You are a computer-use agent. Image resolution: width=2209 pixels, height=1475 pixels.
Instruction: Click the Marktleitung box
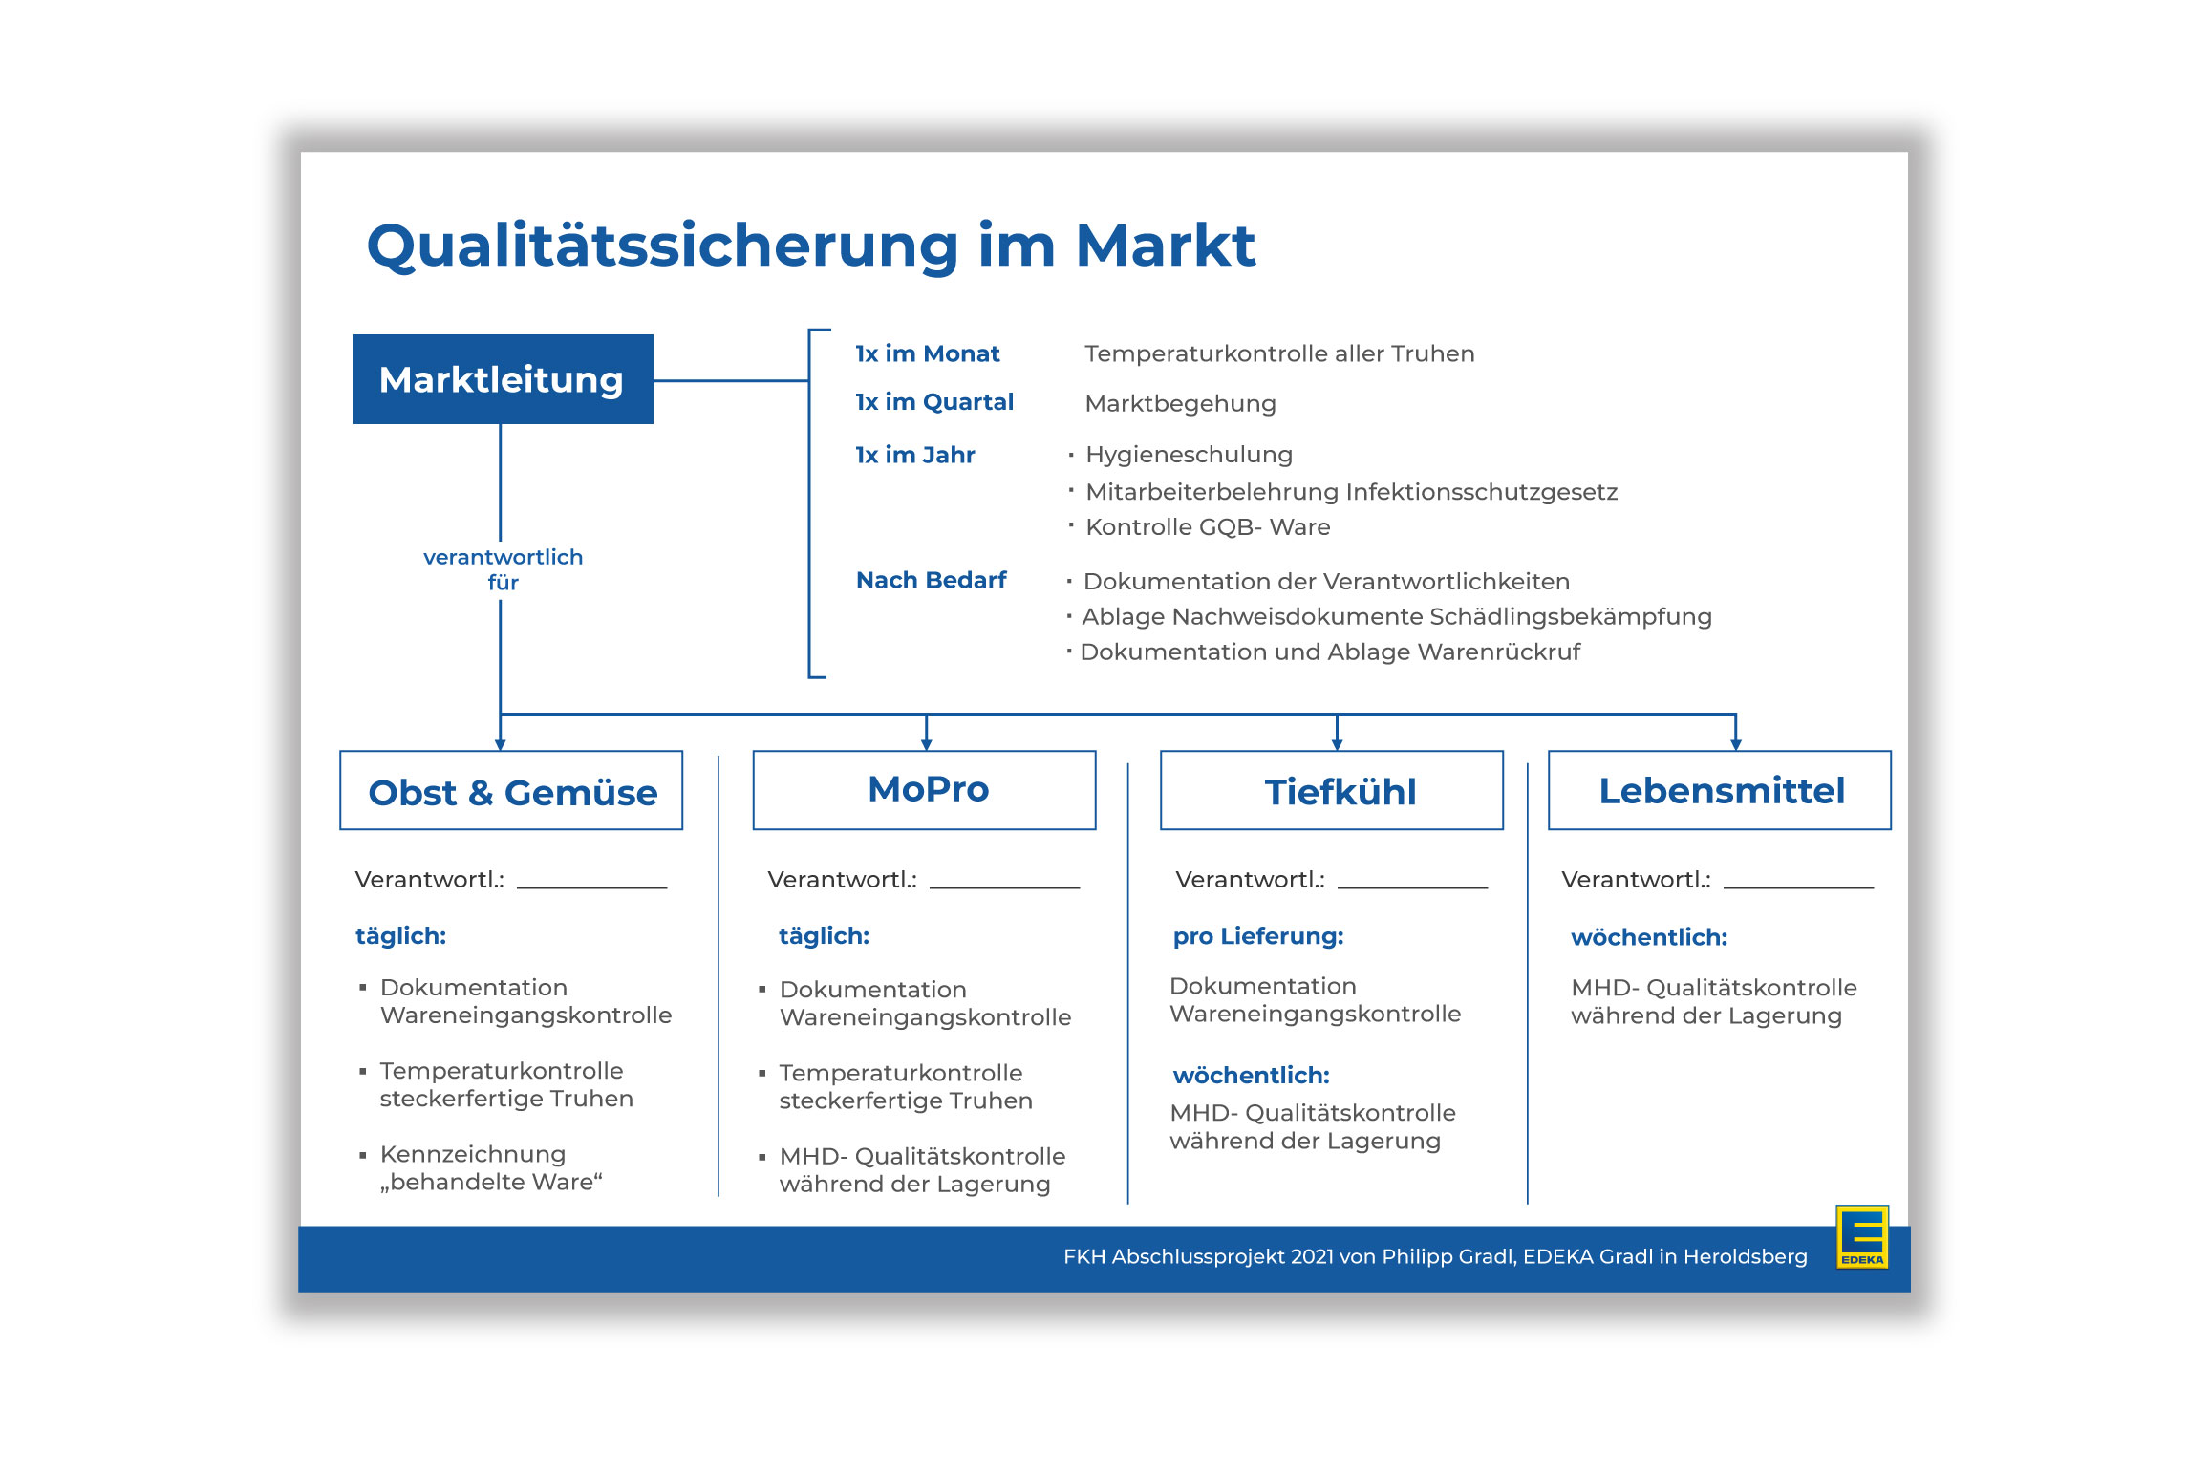coord(503,379)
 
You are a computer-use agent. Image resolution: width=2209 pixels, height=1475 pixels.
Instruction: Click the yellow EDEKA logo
coord(1862,1236)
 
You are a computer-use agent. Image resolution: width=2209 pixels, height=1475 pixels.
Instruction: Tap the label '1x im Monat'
coord(927,353)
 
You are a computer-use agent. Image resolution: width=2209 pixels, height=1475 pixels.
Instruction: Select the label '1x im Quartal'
coord(934,402)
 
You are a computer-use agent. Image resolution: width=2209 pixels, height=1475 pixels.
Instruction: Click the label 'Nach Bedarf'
coord(932,580)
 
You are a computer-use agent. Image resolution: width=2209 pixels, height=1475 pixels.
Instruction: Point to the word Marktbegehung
coord(1181,404)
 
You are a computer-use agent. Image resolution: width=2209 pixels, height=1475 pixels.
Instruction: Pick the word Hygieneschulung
coord(1190,455)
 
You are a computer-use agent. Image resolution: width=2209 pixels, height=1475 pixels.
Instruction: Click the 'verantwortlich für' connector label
coord(503,569)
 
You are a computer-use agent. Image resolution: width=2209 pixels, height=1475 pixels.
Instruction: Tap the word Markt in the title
coord(1166,246)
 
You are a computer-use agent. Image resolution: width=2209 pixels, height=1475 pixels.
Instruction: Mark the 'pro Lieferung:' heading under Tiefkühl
coord(1258,936)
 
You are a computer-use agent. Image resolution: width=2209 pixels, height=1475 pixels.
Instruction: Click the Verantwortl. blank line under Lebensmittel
coord(1798,887)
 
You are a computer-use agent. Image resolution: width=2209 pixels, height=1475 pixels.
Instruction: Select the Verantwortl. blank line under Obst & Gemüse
coord(591,887)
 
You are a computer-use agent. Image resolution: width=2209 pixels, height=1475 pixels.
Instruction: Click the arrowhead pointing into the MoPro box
coord(926,745)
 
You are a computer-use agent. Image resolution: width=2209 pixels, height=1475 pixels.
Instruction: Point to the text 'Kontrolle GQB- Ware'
coord(1208,527)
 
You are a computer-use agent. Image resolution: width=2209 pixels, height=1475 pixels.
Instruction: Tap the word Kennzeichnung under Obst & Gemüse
coord(473,1154)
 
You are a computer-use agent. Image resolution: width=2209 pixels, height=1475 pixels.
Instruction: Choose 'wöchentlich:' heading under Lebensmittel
coord(1649,937)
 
